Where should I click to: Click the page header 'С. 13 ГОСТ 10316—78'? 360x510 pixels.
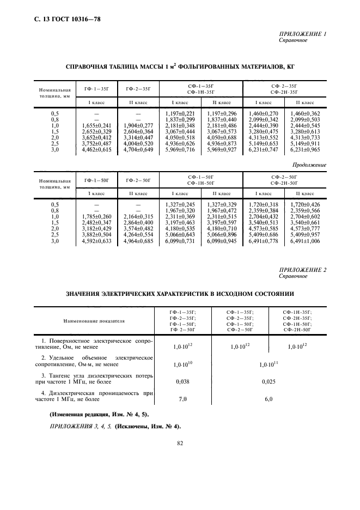[63, 20]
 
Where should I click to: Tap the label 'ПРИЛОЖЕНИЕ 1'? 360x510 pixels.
[302, 34]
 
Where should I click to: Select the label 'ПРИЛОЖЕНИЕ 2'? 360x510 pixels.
[302, 270]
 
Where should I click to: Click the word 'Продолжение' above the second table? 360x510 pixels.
[308, 165]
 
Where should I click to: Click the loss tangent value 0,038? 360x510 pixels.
[183, 382]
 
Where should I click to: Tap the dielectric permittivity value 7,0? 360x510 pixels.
[183, 399]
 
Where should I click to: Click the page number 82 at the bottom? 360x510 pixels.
[180, 444]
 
